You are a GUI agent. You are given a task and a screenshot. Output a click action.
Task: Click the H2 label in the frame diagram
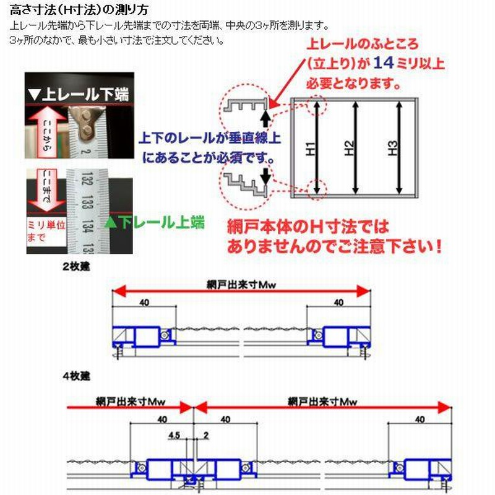(350, 148)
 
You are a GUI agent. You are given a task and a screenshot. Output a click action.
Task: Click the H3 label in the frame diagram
(392, 148)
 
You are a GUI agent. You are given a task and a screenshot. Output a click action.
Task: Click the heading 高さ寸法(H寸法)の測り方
(79, 11)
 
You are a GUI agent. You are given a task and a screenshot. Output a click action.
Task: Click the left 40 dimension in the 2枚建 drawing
(144, 303)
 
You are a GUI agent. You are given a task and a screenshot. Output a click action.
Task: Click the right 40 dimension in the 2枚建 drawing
(338, 303)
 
